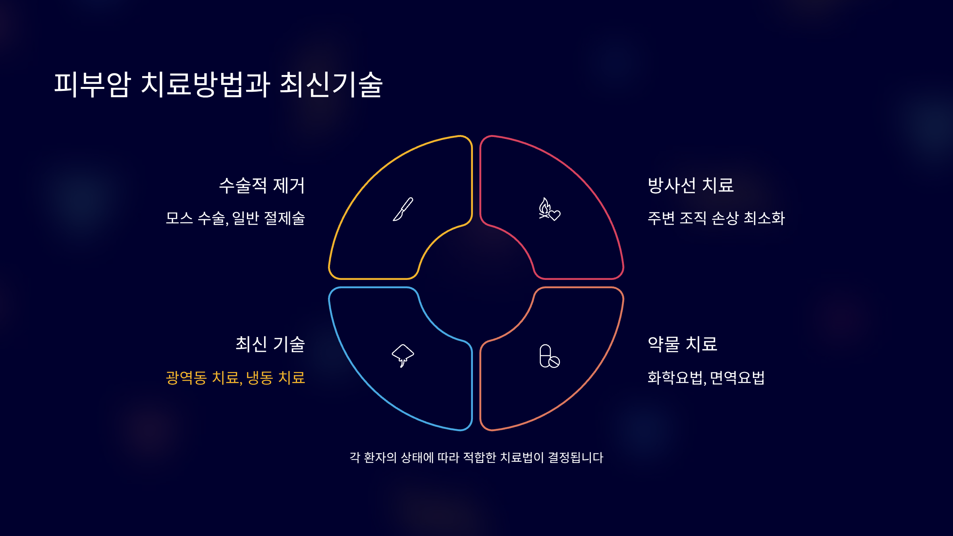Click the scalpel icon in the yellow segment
403,209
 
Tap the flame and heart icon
549,209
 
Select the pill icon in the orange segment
549,356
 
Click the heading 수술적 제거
262,185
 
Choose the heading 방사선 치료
691,185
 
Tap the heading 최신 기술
270,344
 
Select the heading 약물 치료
682,344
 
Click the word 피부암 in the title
93,85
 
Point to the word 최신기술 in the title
331,85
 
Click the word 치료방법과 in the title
206,85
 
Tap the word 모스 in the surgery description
179,218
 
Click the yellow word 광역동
186,378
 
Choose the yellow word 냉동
259,378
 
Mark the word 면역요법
737,378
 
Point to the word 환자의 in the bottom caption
380,457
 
